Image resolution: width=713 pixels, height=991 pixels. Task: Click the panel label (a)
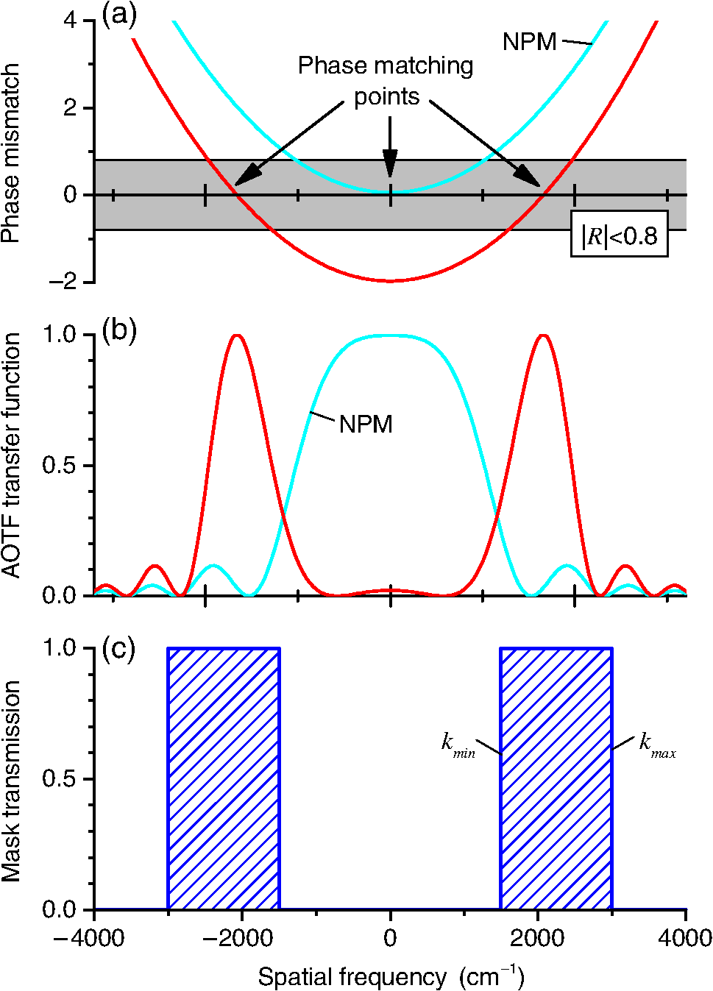click(119, 15)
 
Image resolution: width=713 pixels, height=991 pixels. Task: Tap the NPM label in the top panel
click(529, 42)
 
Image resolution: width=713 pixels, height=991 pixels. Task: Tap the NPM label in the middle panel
click(366, 425)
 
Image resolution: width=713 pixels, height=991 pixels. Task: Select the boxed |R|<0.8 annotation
click(619, 235)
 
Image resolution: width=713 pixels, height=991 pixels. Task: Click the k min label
click(458, 745)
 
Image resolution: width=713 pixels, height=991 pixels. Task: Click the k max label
click(656, 745)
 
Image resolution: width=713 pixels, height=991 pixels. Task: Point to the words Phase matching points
click(386, 81)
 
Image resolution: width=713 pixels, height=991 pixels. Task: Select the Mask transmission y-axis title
click(11, 780)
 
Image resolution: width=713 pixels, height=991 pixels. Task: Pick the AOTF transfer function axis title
click(11, 456)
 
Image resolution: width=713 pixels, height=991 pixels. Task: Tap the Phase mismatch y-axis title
click(11, 153)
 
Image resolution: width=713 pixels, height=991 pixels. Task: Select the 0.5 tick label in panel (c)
click(59, 778)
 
